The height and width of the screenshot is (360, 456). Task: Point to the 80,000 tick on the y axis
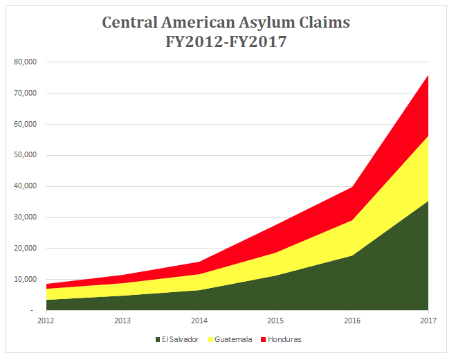tap(26, 62)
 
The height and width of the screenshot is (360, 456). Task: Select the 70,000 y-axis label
tap(26, 93)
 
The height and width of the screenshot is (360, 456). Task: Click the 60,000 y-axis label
tap(26, 125)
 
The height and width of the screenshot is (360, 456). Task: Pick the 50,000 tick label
tap(26, 156)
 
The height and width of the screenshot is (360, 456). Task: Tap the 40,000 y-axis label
tap(26, 187)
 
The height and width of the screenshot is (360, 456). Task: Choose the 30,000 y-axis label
tap(26, 218)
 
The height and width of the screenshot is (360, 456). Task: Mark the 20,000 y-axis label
tap(26, 249)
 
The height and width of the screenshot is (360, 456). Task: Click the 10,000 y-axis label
tap(26, 280)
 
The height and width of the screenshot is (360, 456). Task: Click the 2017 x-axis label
tap(428, 321)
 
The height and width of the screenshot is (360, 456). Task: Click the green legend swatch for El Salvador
tap(160, 340)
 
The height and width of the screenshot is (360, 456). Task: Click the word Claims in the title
tap(325, 22)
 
